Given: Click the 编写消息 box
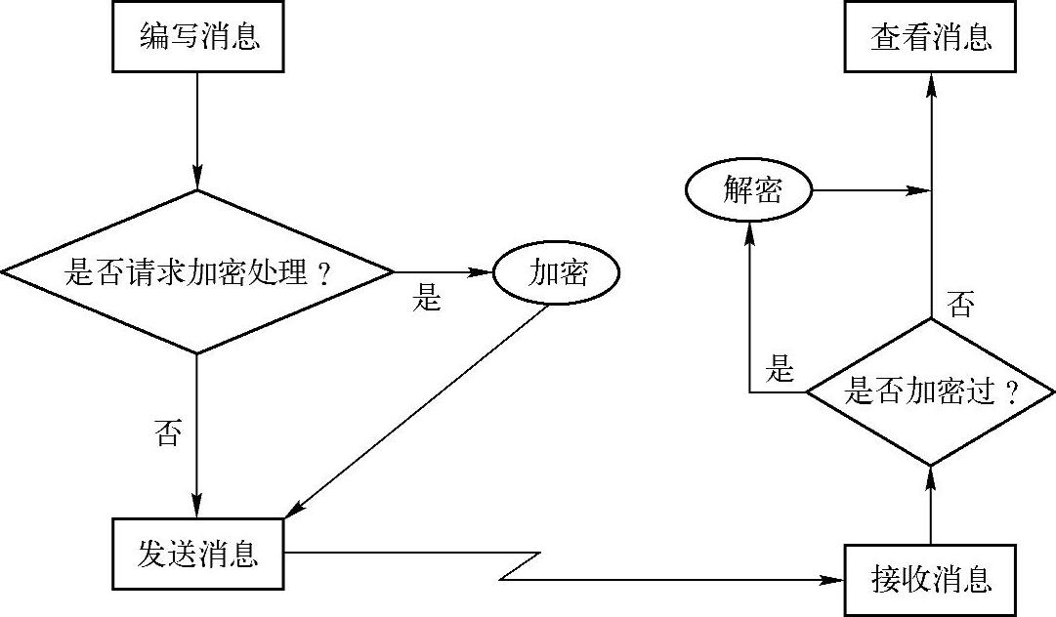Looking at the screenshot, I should coord(198,38).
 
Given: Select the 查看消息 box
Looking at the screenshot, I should coord(930,38).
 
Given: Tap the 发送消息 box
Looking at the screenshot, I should coord(198,554).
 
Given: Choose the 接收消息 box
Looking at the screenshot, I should coord(930,580).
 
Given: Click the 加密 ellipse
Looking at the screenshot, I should coord(558,272).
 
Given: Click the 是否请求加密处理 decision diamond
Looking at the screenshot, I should coord(198,272).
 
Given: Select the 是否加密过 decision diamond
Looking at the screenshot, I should coord(930,393).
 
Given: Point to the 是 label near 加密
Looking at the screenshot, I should coord(427,299).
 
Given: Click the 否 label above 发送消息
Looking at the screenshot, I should coord(168,432).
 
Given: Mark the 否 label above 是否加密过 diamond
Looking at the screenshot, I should coord(960,308).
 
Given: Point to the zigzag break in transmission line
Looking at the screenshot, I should coord(523,566).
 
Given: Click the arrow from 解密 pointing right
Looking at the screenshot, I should coord(869,190).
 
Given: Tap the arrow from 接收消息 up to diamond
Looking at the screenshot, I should coord(930,505).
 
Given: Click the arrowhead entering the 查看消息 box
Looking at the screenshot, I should coord(930,82).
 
